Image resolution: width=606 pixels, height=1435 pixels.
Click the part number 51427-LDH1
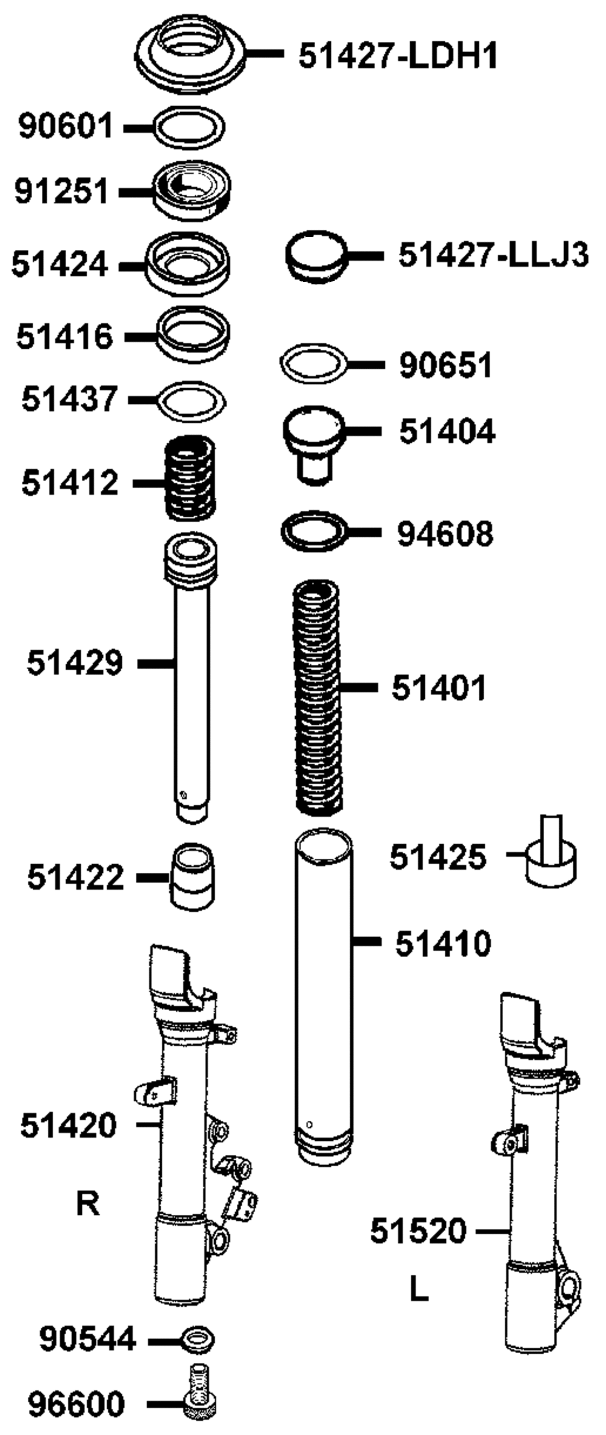pyautogui.click(x=398, y=56)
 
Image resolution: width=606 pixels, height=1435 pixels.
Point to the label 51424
pyautogui.click(x=59, y=264)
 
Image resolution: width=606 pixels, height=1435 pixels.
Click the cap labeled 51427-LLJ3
pyautogui.click(x=316, y=257)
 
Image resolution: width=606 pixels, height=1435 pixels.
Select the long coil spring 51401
pyautogui.click(x=317, y=697)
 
